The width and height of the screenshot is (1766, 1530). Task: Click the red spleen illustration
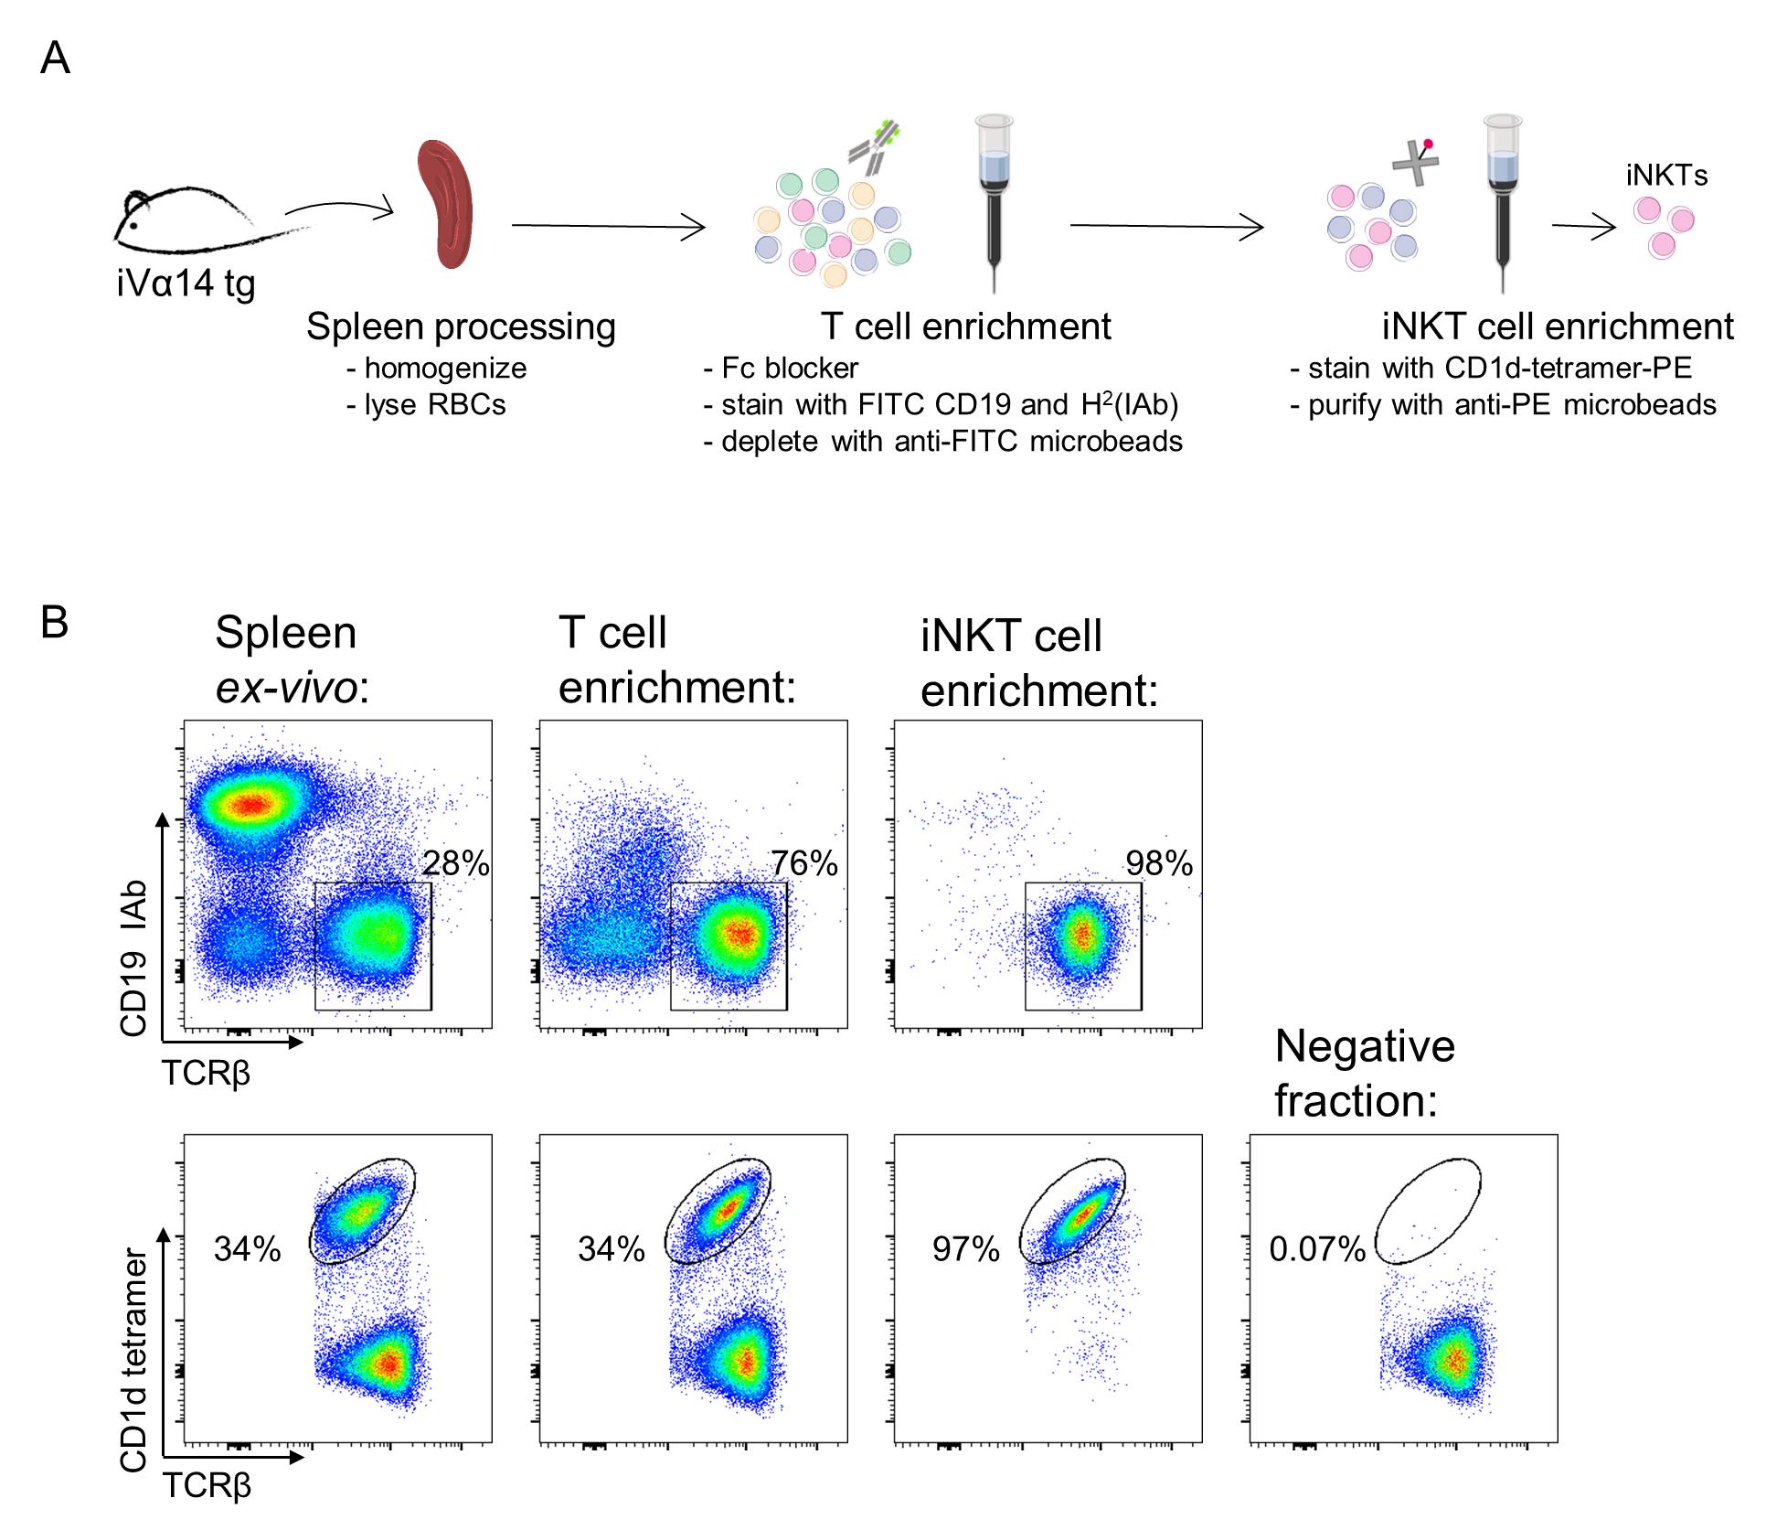tap(445, 204)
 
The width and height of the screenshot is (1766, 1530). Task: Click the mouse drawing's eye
tap(134, 224)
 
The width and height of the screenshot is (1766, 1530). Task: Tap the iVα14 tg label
tap(186, 284)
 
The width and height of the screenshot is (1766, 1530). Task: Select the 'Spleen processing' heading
tap(461, 327)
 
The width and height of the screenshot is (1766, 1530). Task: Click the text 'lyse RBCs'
tap(426, 405)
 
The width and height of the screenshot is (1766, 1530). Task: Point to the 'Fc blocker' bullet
tap(782, 369)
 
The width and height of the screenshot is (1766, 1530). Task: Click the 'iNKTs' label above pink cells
tap(1666, 176)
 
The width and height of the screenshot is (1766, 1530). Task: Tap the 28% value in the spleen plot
tap(456, 863)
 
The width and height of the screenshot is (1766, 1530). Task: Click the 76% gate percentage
tap(804, 863)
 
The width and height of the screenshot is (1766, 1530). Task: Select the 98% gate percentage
tap(1159, 863)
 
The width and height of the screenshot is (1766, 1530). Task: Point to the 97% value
tap(966, 1249)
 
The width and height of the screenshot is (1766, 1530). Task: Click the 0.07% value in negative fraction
tap(1317, 1249)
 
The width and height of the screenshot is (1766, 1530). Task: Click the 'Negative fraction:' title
tap(1366, 1074)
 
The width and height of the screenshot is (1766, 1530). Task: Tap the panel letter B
tap(55, 623)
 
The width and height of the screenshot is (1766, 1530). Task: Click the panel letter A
tap(55, 59)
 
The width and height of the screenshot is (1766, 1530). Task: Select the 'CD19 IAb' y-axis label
tap(133, 958)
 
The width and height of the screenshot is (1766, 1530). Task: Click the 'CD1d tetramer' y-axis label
tap(133, 1361)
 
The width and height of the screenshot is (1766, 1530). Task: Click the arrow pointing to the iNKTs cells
tap(1584, 227)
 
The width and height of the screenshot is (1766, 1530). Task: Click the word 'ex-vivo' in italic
tap(286, 688)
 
